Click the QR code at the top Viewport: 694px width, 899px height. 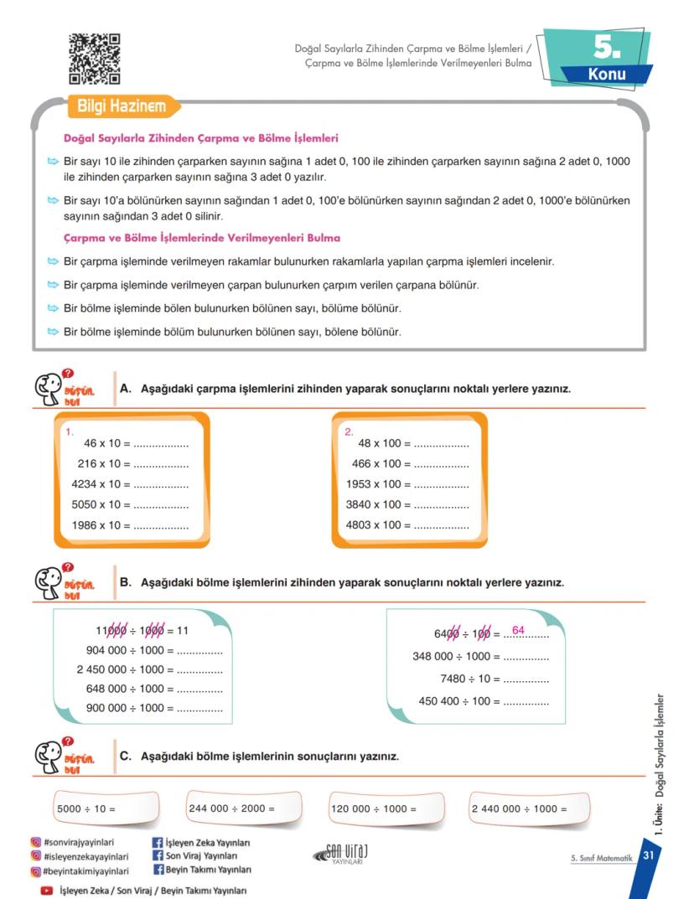[94, 59]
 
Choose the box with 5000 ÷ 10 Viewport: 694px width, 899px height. [105, 809]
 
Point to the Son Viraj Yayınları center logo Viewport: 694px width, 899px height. [341, 853]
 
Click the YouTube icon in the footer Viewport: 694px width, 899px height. [47, 891]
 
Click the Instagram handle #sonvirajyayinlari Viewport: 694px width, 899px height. [80, 842]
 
